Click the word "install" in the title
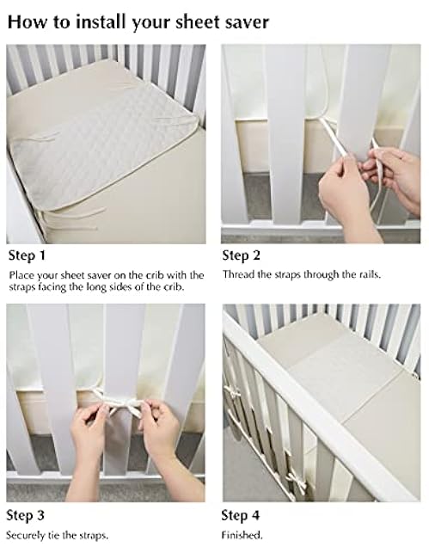pos(108,21)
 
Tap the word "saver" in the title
pos(243,21)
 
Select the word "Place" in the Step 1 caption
pos(21,274)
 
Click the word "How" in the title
pos(27,21)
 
